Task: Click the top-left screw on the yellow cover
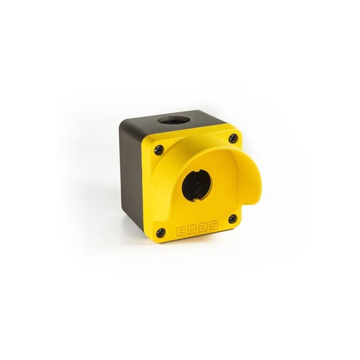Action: (159, 150)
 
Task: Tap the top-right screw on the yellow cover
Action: (233, 138)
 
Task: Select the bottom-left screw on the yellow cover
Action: (161, 233)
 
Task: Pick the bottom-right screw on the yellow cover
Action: (233, 219)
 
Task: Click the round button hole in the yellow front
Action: (197, 185)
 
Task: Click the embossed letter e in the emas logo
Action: (181, 231)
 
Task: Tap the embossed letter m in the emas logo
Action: (193, 229)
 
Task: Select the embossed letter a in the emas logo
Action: (203, 227)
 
